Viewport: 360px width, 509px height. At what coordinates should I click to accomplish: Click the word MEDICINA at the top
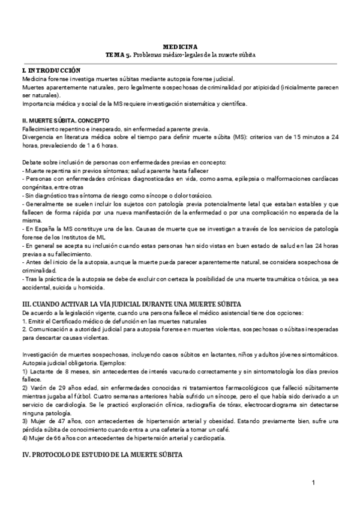180,47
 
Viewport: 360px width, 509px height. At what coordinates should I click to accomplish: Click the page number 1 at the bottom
314,483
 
